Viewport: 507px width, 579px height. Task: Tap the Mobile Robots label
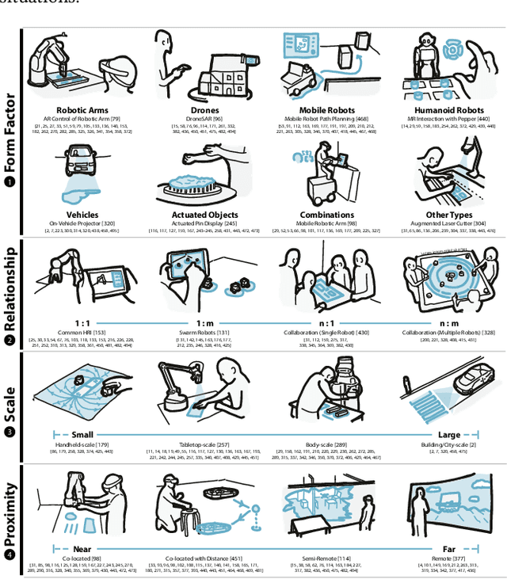click(x=327, y=110)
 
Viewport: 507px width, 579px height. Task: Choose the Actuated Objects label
click(x=206, y=215)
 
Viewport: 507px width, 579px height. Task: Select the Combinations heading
click(x=327, y=215)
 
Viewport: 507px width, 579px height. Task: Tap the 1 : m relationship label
click(x=206, y=324)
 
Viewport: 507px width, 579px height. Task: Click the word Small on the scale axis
click(x=82, y=434)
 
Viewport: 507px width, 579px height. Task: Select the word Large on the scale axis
click(x=448, y=434)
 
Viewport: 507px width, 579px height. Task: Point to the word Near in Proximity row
click(x=82, y=549)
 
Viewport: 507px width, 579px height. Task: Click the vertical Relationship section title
click(x=11, y=289)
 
